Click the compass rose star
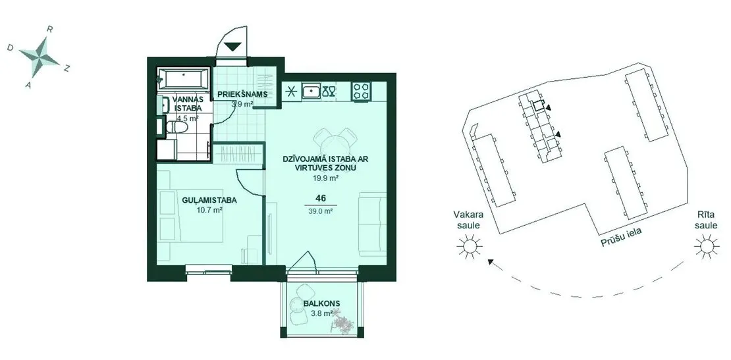tap(39, 57)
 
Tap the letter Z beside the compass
tap(67, 68)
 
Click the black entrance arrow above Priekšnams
tap(232, 47)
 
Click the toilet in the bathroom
tap(177, 128)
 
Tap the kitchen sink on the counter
tap(310, 91)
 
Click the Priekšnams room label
tap(242, 95)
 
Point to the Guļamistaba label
tap(209, 201)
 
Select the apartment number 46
tap(320, 198)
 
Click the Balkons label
tap(321, 303)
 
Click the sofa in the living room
tap(373, 224)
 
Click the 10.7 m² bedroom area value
tap(209, 210)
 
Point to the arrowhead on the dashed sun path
tap(491, 262)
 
